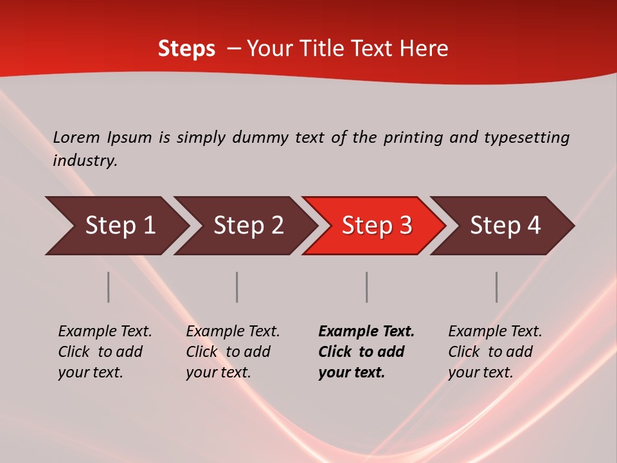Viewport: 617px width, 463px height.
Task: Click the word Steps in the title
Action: pyautogui.click(x=186, y=49)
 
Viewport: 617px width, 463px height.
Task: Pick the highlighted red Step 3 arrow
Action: pyautogui.click(x=377, y=226)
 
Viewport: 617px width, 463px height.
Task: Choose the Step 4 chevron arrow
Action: pyautogui.click(x=505, y=226)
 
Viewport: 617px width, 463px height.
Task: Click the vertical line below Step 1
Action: pyautogui.click(x=109, y=287)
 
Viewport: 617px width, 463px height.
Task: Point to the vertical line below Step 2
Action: pyautogui.click(x=237, y=287)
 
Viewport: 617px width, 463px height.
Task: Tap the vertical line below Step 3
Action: pyautogui.click(x=366, y=287)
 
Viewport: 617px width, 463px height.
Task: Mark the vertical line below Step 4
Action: pyautogui.click(x=496, y=287)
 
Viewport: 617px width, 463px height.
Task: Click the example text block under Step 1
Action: pyautogui.click(x=105, y=352)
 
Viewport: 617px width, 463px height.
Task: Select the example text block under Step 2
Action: pyautogui.click(x=233, y=352)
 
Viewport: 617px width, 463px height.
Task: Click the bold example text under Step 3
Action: pyautogui.click(x=366, y=352)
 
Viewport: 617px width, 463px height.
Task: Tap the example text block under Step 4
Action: pyautogui.click(x=495, y=352)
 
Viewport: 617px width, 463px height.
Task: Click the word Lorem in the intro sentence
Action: pyautogui.click(x=76, y=138)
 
